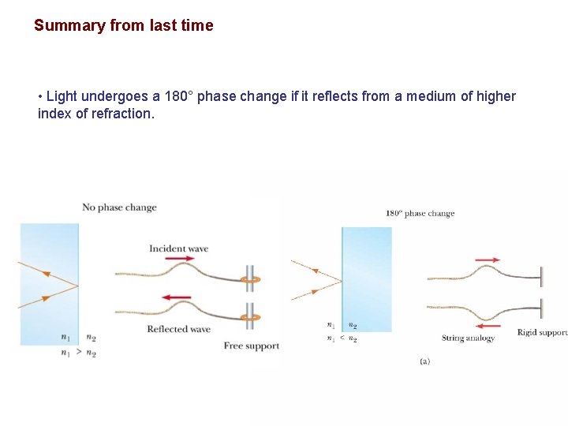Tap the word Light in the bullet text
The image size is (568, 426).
[x=62, y=96]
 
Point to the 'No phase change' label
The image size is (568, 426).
[x=119, y=207]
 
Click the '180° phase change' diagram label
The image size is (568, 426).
[x=420, y=213]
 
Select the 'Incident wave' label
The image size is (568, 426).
[x=178, y=248]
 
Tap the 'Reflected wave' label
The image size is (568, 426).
[x=178, y=329]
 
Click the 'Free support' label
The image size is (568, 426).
[x=251, y=346]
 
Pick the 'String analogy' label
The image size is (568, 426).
[x=468, y=338]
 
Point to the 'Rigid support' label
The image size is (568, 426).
[x=542, y=333]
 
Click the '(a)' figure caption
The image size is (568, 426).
[x=424, y=361]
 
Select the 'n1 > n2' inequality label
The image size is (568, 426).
[x=78, y=353]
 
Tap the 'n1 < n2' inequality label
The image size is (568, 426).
[x=342, y=339]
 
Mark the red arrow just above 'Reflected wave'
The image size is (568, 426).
[x=177, y=297]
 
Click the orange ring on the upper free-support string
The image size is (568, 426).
[x=250, y=279]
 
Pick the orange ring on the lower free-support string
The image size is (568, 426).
[x=250, y=317]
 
